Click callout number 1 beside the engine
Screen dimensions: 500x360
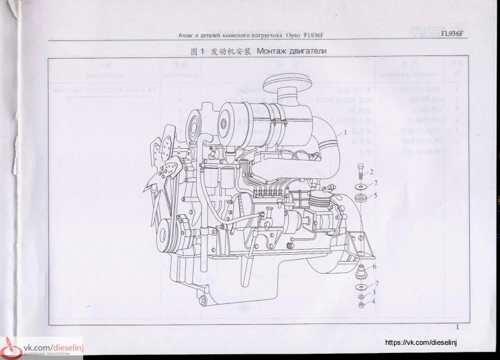point(346,132)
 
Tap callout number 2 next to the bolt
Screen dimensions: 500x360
point(371,171)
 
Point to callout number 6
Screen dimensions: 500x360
point(374,267)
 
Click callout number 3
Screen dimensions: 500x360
point(374,293)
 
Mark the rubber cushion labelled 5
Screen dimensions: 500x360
point(361,199)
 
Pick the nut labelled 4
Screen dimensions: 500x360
point(360,306)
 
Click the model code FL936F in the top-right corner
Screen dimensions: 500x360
point(453,33)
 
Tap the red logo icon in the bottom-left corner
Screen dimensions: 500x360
point(11,349)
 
